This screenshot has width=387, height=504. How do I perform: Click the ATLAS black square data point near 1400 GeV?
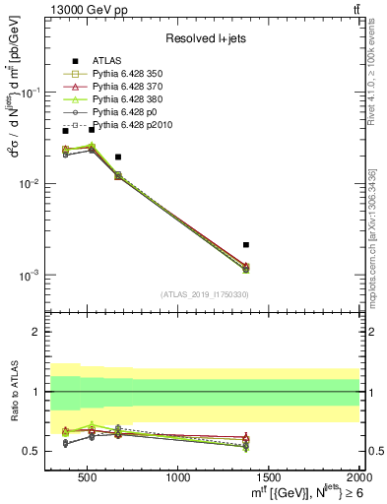click(246, 244)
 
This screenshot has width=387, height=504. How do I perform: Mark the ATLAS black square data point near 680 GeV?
click(118, 157)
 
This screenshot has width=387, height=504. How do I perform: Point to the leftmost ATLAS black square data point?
click(66, 131)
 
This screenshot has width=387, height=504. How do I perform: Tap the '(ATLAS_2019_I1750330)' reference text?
click(204, 294)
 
